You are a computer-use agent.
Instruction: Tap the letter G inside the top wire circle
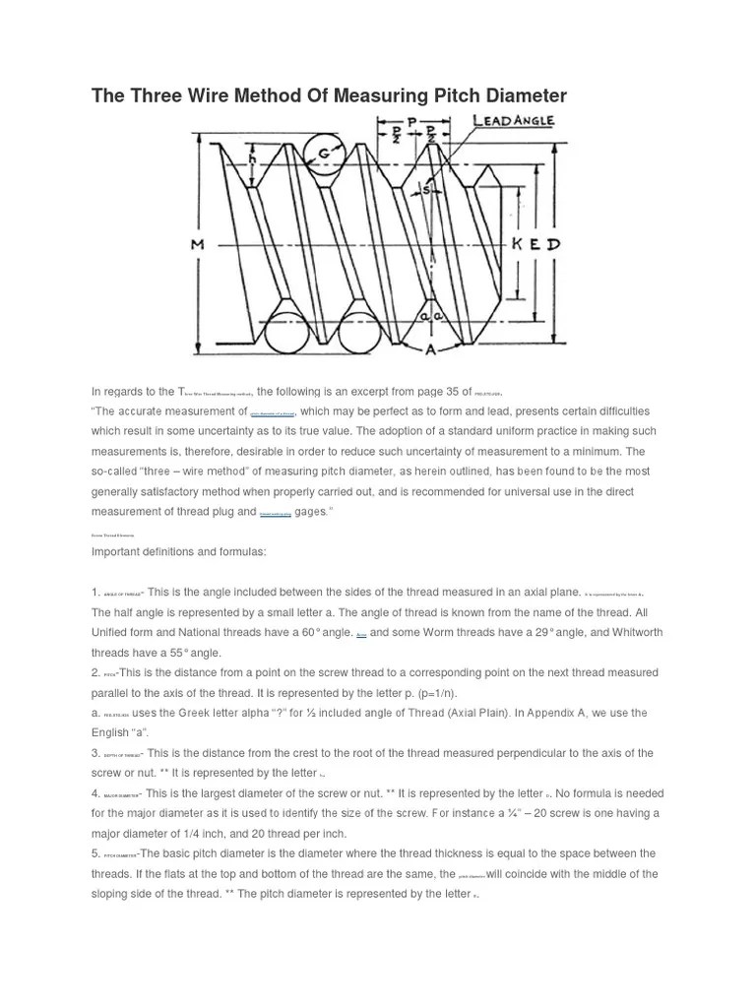[x=322, y=154]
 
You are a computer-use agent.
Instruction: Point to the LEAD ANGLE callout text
[x=514, y=120]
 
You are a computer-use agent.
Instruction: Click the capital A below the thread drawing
[x=430, y=348]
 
